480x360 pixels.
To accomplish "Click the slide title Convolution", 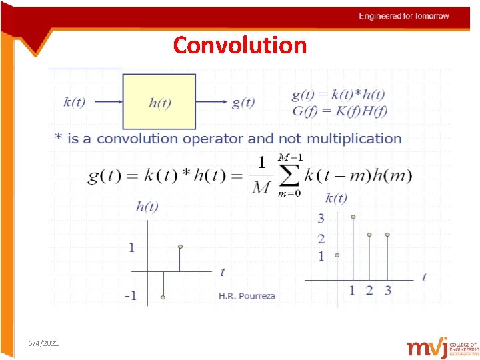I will [240, 45].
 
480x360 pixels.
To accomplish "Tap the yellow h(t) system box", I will [159, 101].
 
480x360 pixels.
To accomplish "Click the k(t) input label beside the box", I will [74, 102].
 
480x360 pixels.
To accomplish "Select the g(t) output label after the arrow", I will [243, 102].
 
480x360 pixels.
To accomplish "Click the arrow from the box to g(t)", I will [211, 102].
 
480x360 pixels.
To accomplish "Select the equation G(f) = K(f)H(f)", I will [339, 111].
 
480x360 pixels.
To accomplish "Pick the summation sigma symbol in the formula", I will [289, 175].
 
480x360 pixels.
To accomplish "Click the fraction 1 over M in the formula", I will [261, 175].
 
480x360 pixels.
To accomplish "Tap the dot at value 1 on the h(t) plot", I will [180, 247].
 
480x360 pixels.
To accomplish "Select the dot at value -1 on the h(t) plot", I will [163, 297].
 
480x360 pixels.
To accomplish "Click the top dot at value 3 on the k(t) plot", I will [353, 217].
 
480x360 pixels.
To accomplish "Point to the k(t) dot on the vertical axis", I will [337, 255].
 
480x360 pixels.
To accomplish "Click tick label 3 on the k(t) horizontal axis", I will [387, 290].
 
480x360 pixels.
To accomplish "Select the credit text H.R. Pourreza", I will [247, 296].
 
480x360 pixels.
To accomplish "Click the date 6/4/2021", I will [43, 343].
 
